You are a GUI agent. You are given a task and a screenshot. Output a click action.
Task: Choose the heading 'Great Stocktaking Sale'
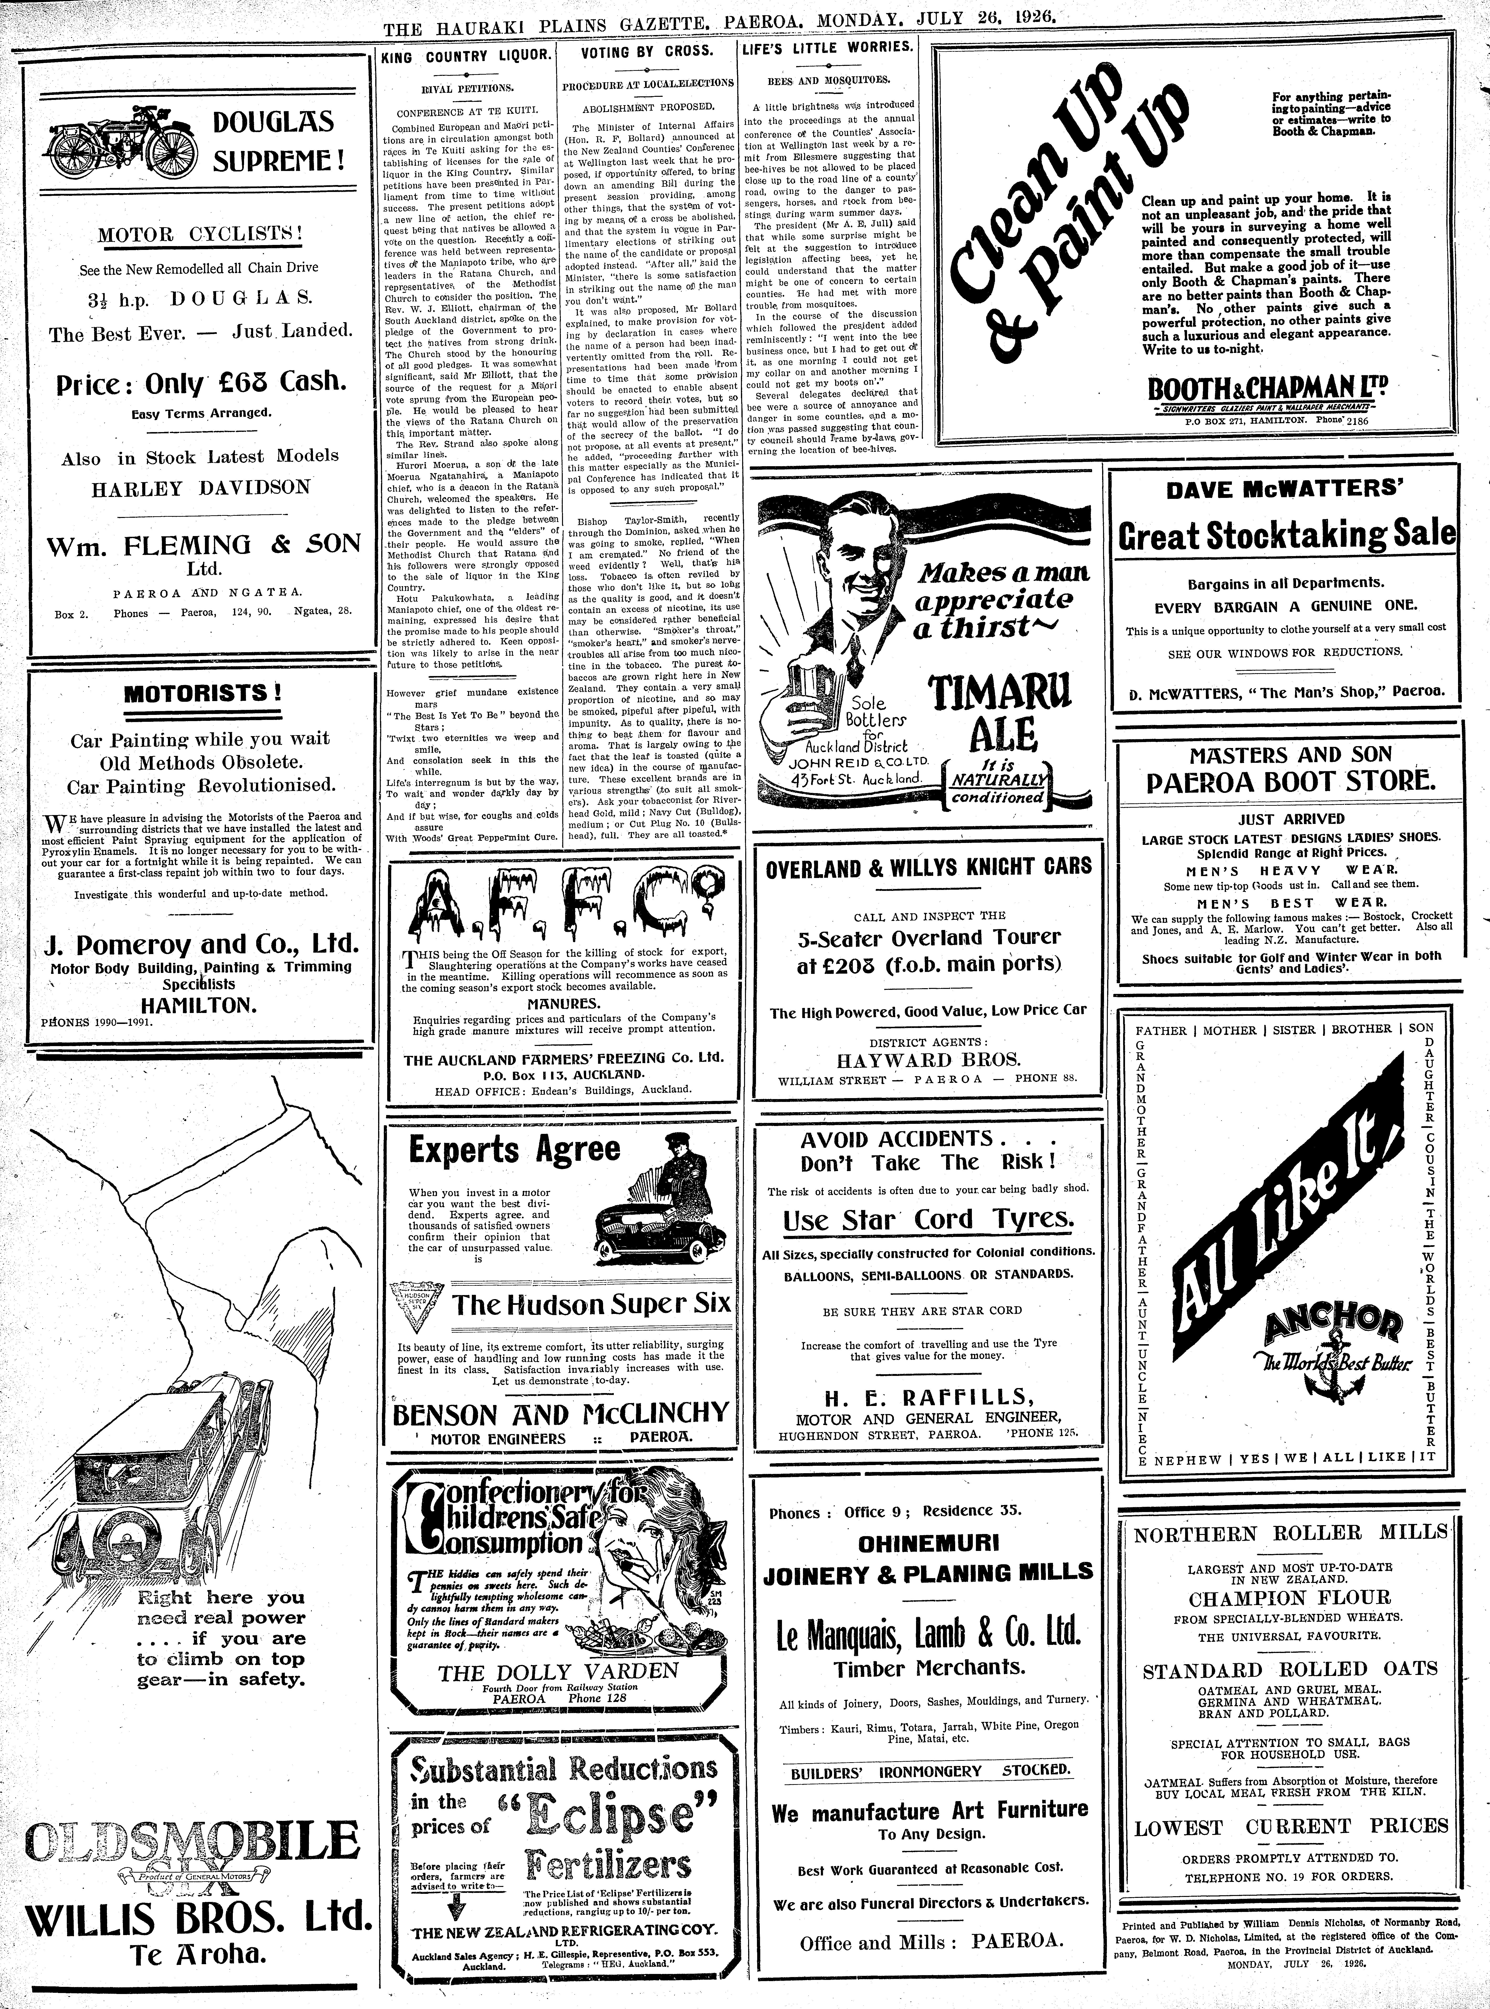point(1286,536)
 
